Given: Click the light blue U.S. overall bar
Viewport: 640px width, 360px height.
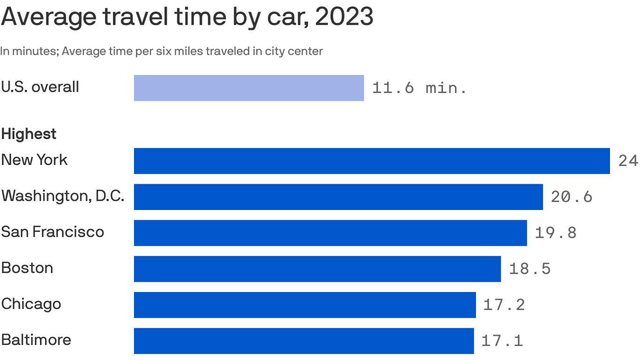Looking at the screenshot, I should (x=249, y=88).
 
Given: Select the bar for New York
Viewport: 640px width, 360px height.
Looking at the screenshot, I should (x=372, y=161).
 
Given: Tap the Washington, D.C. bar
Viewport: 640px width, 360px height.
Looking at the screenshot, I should (x=338, y=197).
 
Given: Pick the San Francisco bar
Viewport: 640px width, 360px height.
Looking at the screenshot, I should (x=330, y=233).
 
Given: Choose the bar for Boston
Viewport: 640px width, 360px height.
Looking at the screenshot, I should (x=317, y=269).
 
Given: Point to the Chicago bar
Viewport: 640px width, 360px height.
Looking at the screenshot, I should (x=305, y=305).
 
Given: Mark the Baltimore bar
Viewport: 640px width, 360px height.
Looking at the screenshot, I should (x=304, y=341).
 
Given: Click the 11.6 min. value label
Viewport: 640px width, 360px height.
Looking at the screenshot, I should (x=419, y=88).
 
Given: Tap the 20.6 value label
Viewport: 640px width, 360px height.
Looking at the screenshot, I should (x=572, y=197).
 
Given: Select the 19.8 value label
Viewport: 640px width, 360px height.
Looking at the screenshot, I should (x=556, y=233).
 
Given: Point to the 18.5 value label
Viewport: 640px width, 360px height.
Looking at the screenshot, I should (x=529, y=269).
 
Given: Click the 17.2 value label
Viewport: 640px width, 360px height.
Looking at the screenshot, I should (x=504, y=305).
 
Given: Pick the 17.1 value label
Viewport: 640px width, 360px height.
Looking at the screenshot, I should (x=502, y=341).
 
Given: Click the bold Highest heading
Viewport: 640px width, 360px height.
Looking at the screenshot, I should (x=29, y=134).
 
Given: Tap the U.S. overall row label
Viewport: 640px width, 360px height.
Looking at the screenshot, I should (x=40, y=87).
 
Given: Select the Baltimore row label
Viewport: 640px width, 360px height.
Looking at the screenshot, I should (x=36, y=339).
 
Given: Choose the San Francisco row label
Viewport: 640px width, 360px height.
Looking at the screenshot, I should (x=52, y=232).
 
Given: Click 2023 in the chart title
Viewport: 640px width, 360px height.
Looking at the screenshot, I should (x=344, y=17).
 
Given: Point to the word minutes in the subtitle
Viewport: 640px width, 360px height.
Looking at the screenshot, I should (x=34, y=51).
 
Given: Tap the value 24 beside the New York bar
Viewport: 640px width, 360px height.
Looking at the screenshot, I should (x=628, y=161).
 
